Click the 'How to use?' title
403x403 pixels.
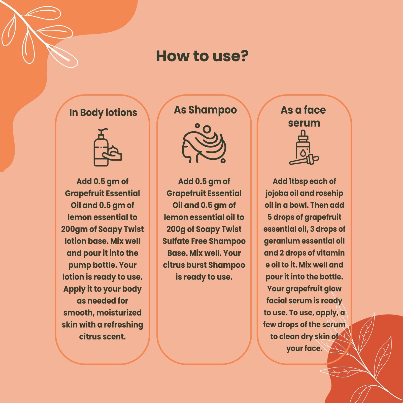202,56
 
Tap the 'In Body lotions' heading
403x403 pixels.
103,113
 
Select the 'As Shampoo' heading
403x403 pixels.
205,110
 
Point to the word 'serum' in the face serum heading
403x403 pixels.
304,123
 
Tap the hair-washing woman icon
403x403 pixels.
204,143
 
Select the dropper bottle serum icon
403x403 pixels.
304,147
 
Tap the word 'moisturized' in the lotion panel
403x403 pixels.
119,313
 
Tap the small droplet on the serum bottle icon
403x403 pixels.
303,152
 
